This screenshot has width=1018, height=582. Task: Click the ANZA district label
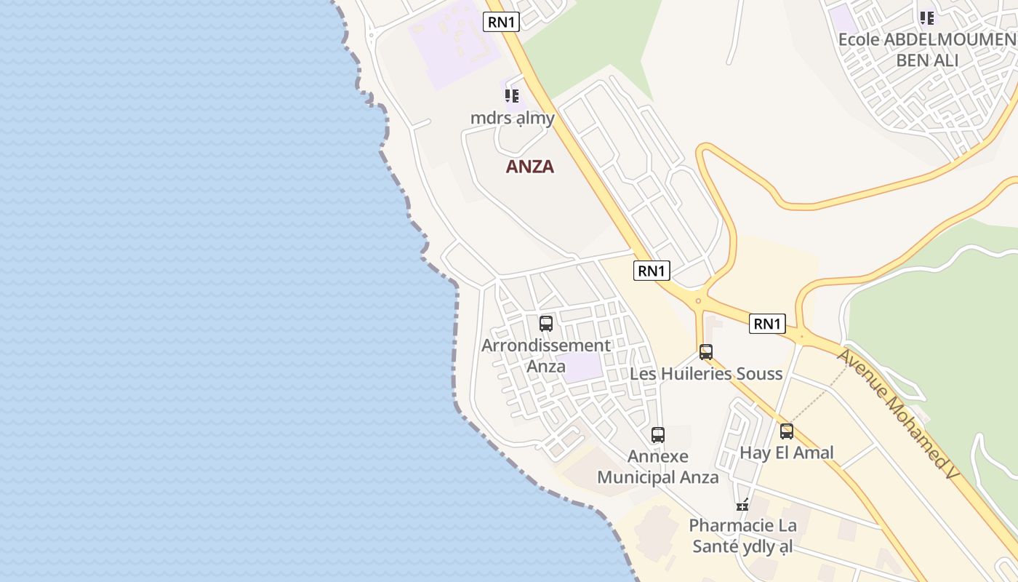click(x=529, y=167)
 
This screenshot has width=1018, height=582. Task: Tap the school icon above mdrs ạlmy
click(x=512, y=96)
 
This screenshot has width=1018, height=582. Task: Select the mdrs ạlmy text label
click(x=513, y=118)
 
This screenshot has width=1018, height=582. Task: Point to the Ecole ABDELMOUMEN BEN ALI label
click(x=926, y=49)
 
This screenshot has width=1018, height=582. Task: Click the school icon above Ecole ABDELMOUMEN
click(x=926, y=17)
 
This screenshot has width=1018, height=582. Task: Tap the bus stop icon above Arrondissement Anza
click(x=546, y=324)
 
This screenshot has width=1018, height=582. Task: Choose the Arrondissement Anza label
click(x=546, y=356)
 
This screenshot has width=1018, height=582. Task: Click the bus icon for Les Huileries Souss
click(x=706, y=352)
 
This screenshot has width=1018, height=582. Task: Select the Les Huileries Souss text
click(x=706, y=374)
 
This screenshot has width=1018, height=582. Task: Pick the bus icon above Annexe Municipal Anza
click(x=658, y=435)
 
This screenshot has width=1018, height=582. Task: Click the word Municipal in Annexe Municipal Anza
click(x=636, y=477)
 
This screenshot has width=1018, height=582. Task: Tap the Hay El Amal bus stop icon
click(x=787, y=431)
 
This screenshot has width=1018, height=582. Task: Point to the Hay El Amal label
click(x=787, y=453)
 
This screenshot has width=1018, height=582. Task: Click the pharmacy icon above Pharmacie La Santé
click(x=742, y=505)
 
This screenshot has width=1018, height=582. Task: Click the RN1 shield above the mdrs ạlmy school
click(x=502, y=22)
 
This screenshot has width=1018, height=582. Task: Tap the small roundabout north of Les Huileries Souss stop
click(x=698, y=300)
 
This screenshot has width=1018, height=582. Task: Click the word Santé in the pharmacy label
click(x=716, y=546)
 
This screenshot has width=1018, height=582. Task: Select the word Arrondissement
click(x=546, y=346)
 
